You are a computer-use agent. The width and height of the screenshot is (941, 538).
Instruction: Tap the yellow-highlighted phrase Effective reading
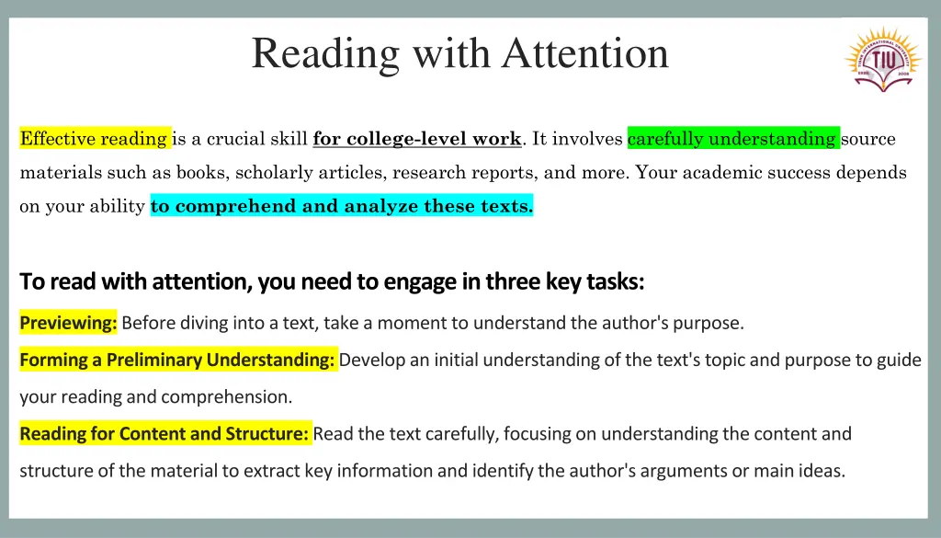pyautogui.click(x=95, y=139)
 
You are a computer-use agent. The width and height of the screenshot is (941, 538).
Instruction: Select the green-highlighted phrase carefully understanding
pyautogui.click(x=732, y=139)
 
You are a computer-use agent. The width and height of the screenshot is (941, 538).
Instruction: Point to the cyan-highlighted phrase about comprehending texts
pyautogui.click(x=342, y=206)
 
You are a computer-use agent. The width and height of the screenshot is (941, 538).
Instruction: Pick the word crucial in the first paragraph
pyautogui.click(x=237, y=139)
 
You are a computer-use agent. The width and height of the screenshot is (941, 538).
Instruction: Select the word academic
pyautogui.click(x=710, y=172)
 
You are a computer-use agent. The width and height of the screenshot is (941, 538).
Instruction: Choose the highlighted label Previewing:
pyautogui.click(x=69, y=323)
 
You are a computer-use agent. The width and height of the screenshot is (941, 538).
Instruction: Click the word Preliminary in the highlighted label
pyautogui.click(x=154, y=360)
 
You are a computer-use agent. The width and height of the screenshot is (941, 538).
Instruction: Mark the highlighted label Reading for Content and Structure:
pyautogui.click(x=165, y=433)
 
